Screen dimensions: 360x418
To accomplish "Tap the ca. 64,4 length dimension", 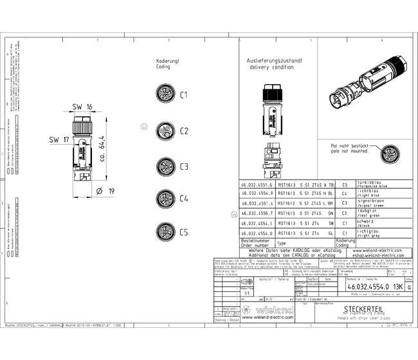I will [102, 149].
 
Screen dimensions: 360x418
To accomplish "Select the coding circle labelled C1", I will [165, 94].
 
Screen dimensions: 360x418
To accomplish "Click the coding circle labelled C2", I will [165, 130].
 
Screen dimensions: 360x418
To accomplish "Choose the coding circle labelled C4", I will [165, 197].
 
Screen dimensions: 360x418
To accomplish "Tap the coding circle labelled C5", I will [165, 231].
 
